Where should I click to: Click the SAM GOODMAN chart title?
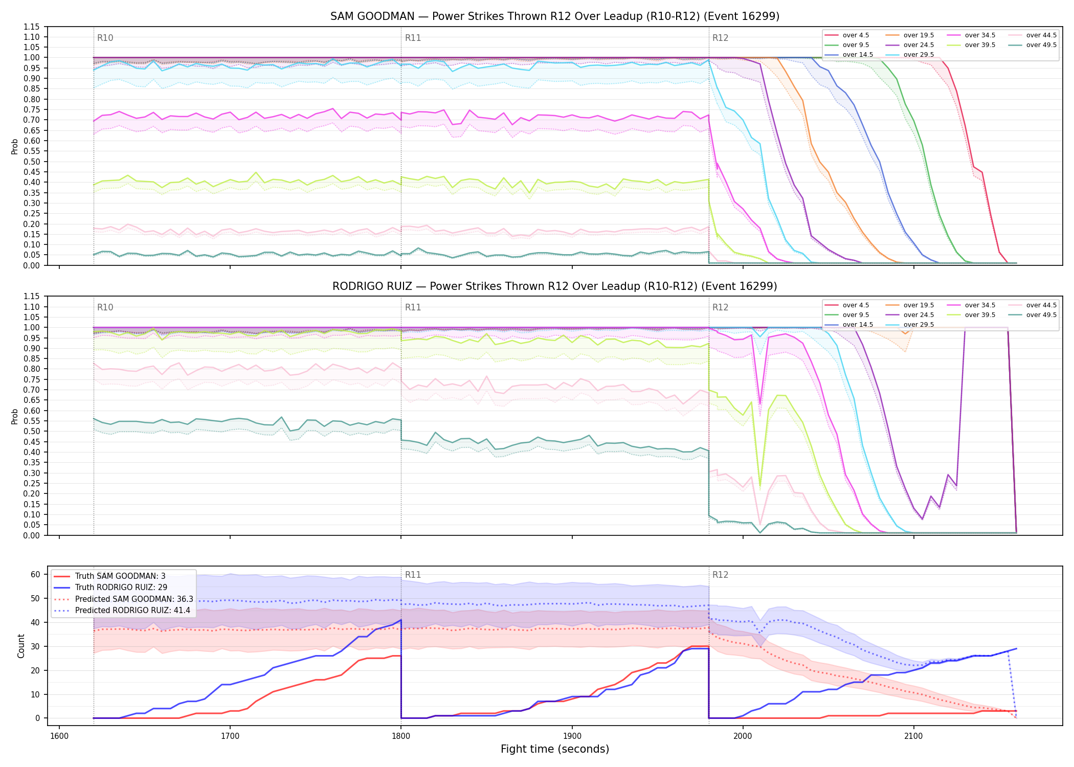(555, 16)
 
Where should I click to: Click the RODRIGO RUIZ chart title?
(555, 286)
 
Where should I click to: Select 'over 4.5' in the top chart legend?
(856, 35)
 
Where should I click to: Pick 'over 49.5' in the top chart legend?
(1041, 45)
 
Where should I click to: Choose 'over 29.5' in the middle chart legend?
(919, 325)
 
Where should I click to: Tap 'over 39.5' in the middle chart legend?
(980, 315)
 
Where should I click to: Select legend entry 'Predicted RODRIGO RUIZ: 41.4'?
(132, 611)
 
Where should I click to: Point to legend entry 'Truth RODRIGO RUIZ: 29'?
(121, 588)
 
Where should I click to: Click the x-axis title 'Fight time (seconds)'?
(555, 749)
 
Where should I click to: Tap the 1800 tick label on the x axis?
(401, 736)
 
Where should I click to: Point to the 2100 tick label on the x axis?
(913, 736)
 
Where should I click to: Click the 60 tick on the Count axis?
(35, 574)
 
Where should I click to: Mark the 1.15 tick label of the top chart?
(32, 27)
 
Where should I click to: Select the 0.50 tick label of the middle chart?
(32, 432)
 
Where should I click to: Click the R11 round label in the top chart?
(413, 38)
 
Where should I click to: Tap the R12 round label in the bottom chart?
(720, 575)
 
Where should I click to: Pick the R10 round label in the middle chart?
(105, 307)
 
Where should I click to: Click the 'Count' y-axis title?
(21, 646)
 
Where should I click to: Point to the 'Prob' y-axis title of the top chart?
(15, 147)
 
